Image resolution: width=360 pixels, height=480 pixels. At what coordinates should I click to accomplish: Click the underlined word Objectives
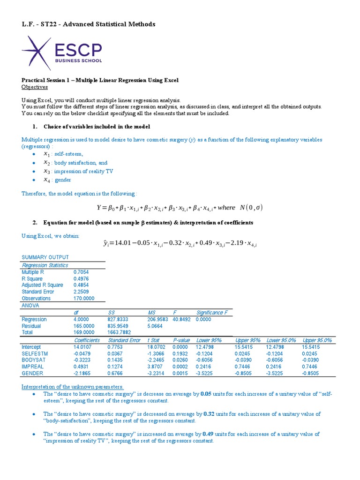click(x=35, y=87)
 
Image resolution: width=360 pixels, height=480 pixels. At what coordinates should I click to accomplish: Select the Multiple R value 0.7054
click(x=82, y=271)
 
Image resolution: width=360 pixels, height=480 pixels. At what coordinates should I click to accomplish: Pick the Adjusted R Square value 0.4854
click(x=82, y=285)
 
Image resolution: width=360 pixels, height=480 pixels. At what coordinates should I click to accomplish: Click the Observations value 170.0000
click(x=84, y=298)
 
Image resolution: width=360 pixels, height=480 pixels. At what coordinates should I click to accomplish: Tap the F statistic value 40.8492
click(x=180, y=319)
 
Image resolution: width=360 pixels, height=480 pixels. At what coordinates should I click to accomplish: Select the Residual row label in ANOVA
click(x=31, y=326)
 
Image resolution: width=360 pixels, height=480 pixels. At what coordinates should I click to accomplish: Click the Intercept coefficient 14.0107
click(x=84, y=347)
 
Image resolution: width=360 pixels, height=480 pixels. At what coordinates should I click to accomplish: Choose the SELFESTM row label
click(x=35, y=353)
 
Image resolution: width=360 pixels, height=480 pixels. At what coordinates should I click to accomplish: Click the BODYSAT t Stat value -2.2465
click(x=157, y=360)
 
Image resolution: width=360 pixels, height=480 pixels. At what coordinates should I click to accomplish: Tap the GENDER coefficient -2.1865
click(x=84, y=373)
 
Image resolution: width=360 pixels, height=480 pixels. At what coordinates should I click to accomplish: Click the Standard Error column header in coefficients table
click(x=124, y=340)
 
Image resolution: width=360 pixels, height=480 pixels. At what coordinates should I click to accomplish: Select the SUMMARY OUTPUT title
click(x=45, y=257)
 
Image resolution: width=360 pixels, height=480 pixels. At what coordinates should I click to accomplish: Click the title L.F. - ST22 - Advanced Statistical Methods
click(x=89, y=24)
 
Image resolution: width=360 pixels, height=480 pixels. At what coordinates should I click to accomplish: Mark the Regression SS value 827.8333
click(x=119, y=319)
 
